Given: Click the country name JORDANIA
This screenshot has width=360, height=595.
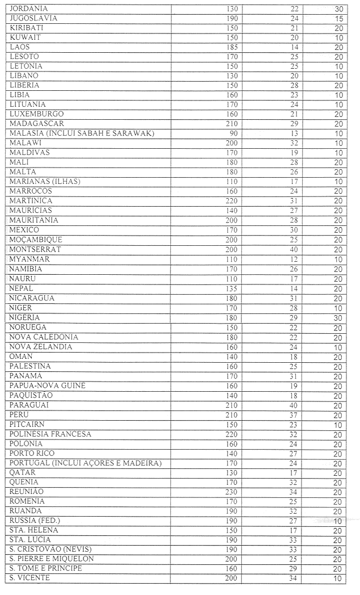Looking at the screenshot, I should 29,9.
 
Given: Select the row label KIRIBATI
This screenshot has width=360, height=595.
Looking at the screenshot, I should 27,28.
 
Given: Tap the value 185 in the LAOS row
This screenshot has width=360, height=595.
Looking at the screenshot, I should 230,47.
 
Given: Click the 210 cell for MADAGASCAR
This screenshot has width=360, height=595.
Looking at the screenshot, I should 230,124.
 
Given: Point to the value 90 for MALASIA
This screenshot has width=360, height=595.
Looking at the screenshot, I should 232,133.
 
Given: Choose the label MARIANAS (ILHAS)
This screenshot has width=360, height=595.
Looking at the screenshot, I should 45,182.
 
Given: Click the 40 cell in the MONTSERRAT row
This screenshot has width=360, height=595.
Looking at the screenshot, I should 293,249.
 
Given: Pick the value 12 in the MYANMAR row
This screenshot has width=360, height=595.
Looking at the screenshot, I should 294,259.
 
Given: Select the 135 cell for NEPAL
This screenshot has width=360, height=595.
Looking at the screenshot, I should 230,288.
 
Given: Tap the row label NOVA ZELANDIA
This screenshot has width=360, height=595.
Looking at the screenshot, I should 41,347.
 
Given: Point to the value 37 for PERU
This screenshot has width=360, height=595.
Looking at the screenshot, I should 293,414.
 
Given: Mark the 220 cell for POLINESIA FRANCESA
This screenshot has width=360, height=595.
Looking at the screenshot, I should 230,434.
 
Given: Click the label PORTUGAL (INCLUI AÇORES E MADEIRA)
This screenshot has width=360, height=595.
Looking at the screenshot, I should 86,463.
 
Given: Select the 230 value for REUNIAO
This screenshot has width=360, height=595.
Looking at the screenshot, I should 230,492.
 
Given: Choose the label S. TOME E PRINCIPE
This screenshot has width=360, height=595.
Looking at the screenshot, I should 46,568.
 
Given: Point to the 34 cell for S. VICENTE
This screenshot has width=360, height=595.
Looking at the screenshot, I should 293,579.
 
